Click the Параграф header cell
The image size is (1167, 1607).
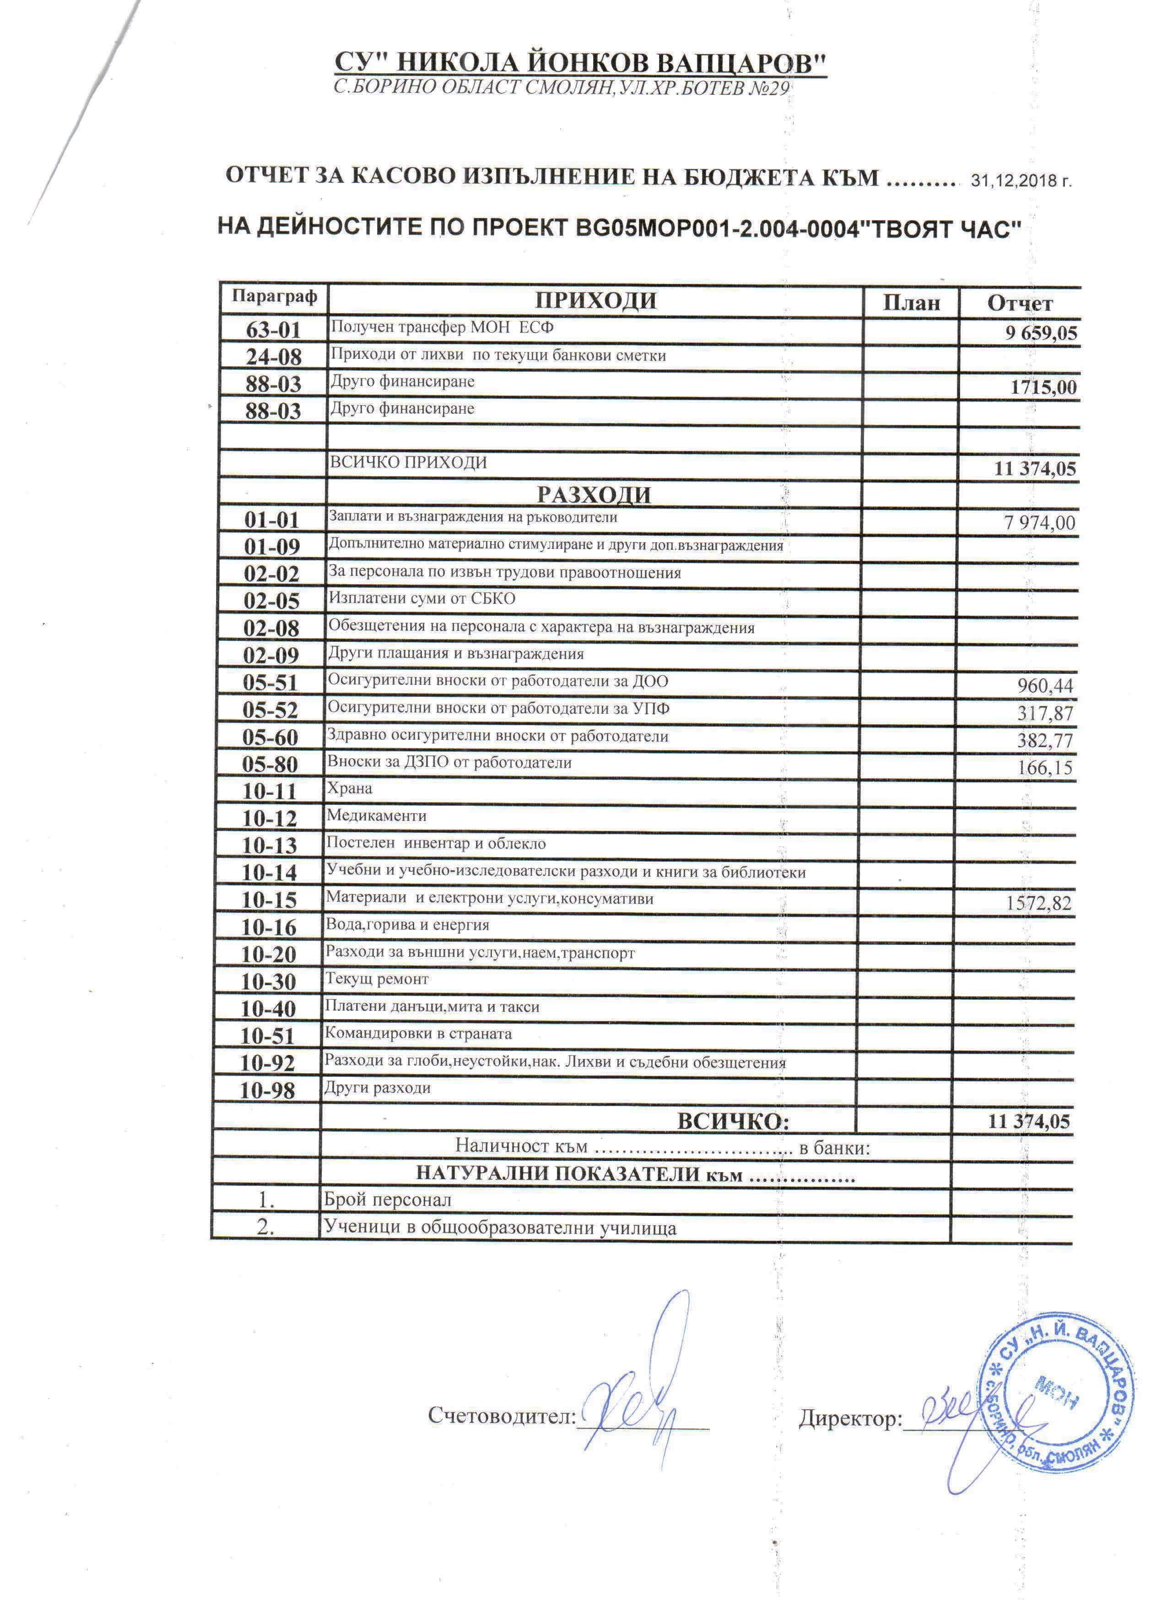[x=275, y=296]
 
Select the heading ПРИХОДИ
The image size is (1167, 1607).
[x=595, y=300]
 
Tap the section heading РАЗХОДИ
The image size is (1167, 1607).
[x=594, y=494]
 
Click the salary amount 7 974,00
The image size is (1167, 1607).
[x=1039, y=524]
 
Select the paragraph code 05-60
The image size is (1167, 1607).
[x=270, y=738]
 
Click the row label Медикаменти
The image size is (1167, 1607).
[x=376, y=815]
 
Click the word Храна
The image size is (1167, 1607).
[x=349, y=788]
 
